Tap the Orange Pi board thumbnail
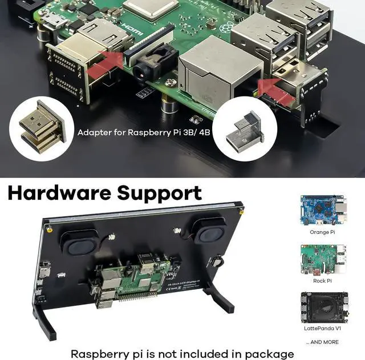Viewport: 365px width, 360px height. click(x=323, y=211)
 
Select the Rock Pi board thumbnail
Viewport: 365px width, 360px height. click(x=323, y=260)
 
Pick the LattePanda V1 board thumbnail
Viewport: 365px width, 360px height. click(x=323, y=308)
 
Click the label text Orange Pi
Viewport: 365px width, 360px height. click(x=323, y=232)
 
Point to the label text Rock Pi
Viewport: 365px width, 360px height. click(x=323, y=280)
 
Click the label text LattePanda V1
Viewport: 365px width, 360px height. click(x=323, y=329)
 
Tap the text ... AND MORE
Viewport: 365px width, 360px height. click(x=322, y=342)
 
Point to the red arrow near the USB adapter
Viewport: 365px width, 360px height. click(x=277, y=91)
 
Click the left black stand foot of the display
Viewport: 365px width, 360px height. click(x=45, y=320)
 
